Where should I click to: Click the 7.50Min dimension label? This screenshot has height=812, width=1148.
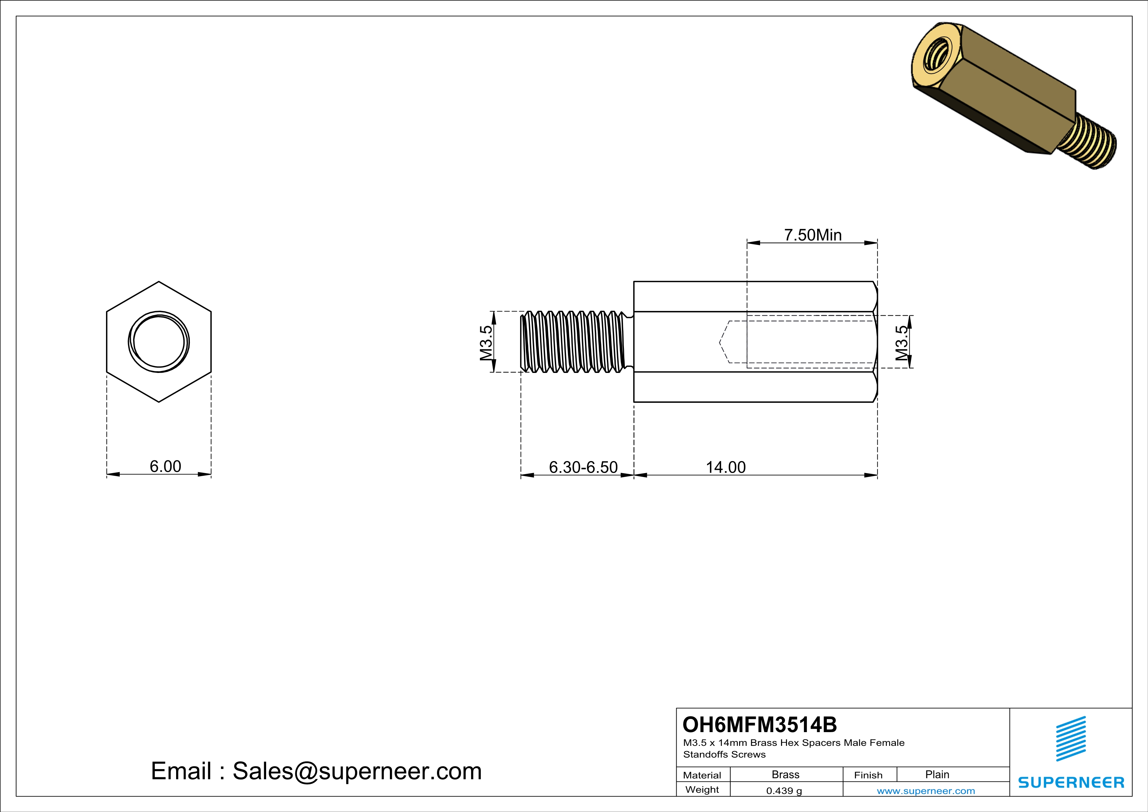click(x=812, y=235)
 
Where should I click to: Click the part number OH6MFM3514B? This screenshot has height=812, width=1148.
click(x=759, y=725)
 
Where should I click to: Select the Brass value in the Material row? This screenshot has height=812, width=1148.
click(x=786, y=774)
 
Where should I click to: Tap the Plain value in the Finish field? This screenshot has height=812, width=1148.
click(x=937, y=774)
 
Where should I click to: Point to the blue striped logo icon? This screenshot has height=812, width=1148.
click(x=1071, y=739)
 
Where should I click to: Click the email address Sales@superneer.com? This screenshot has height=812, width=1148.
click(x=357, y=771)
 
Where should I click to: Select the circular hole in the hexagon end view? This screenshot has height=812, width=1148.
click(x=158, y=342)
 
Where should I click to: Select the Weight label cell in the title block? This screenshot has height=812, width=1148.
click(x=702, y=789)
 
